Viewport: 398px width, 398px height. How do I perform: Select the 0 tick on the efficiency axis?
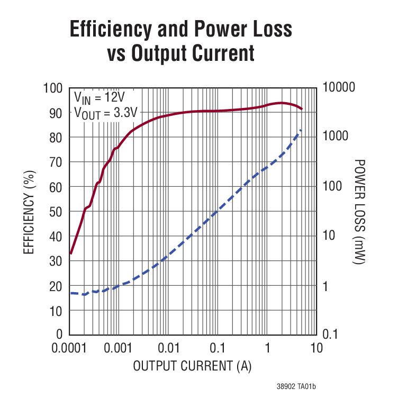pyautogui.click(x=59, y=334)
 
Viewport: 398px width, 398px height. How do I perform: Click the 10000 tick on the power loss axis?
pyautogui.click(x=339, y=88)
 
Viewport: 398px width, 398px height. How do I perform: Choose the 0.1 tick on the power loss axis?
pyautogui.click(x=331, y=334)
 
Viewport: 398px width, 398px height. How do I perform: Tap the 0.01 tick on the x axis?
pyautogui.click(x=169, y=348)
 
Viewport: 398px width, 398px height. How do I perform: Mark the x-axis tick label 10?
pyautogui.click(x=316, y=348)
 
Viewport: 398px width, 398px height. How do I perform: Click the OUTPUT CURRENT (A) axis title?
pyautogui.click(x=192, y=366)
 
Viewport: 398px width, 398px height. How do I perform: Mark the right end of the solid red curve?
pyautogui.click(x=302, y=109)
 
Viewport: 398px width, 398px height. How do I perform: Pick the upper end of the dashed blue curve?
pyautogui.click(x=302, y=129)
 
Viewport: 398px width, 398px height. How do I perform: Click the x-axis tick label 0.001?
pyautogui.click(x=120, y=348)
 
